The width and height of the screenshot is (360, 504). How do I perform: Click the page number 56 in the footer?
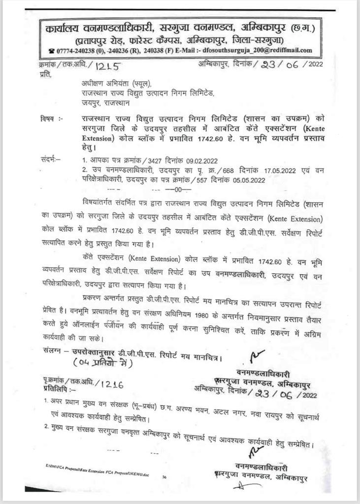pyautogui.click(x=164, y=476)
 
